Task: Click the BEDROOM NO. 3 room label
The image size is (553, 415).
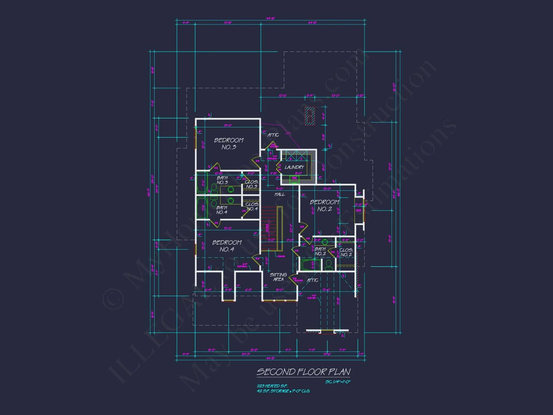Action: click(229, 144)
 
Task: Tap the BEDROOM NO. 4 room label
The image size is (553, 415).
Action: click(227, 246)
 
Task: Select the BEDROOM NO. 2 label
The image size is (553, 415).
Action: click(324, 206)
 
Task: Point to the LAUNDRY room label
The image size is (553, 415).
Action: click(294, 167)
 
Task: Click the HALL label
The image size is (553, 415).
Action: click(280, 194)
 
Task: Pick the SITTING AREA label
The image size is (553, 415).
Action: click(278, 277)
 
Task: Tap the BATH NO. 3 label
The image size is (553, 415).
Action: click(222, 180)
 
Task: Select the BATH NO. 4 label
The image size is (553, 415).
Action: click(222, 210)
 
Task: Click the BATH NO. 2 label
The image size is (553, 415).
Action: click(320, 251)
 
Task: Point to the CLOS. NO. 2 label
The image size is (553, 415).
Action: click(346, 252)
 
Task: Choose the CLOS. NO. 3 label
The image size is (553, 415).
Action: click(252, 184)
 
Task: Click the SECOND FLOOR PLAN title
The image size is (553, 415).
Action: click(304, 372)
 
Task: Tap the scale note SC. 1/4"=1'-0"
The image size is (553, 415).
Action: click(338, 382)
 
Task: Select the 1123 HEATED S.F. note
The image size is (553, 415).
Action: click(272, 386)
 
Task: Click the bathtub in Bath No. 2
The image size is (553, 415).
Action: click(310, 265)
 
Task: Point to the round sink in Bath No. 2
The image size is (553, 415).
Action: click(325, 242)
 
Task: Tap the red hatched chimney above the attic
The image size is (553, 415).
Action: click(310, 116)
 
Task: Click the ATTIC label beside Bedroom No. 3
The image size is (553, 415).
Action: click(273, 135)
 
